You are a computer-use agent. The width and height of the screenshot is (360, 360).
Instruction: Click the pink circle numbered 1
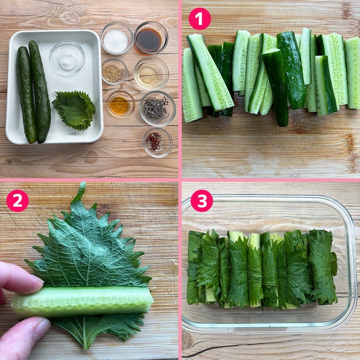[199, 19]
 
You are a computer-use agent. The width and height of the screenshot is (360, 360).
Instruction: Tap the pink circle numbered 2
[18, 201]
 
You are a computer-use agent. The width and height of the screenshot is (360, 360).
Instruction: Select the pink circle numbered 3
[202, 201]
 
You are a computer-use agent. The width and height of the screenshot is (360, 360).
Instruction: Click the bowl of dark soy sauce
[151, 38]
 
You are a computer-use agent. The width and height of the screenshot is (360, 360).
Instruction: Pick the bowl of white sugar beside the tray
[117, 38]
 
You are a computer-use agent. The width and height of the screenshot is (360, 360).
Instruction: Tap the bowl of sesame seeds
[114, 71]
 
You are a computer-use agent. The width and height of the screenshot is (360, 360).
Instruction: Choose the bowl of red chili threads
[157, 142]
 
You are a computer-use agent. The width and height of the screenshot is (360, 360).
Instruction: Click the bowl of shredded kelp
[158, 109]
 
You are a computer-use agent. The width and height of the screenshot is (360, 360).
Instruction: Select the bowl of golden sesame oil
[121, 105]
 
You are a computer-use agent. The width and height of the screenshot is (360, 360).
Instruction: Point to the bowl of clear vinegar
[151, 74]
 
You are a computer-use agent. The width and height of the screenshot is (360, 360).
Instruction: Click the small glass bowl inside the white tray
[67, 58]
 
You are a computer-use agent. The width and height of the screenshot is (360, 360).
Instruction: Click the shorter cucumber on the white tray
[26, 94]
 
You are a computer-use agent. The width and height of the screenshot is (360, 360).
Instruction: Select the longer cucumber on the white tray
[40, 92]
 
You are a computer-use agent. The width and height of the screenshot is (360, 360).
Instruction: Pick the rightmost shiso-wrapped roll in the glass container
[322, 266]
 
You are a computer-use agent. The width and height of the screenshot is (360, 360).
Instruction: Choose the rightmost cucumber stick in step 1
[352, 73]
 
